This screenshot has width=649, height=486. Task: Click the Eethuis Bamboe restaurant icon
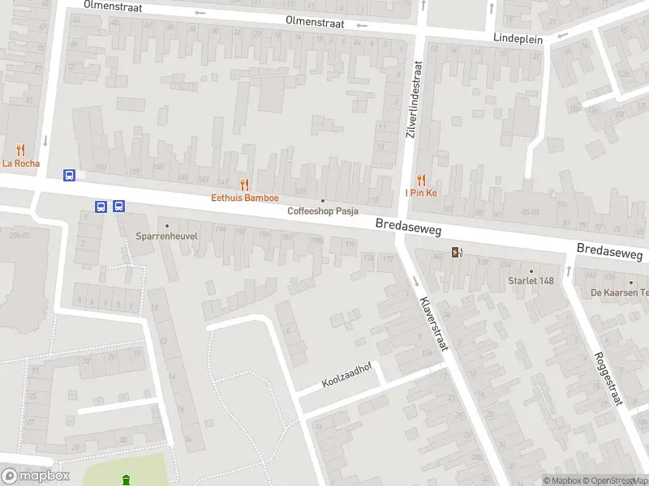point(245,185)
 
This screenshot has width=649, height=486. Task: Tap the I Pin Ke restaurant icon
point(421,180)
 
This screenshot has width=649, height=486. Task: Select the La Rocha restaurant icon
point(20,150)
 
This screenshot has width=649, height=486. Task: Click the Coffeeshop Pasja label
point(323,211)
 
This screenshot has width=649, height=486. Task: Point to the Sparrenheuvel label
point(168,237)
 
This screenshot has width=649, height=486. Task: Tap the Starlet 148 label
point(531,281)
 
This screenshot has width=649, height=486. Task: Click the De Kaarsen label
point(619,292)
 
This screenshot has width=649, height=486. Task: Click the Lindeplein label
point(518,37)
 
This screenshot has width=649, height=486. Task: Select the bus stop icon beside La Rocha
point(71,175)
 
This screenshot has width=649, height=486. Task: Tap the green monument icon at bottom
point(126,480)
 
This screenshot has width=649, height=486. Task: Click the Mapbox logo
point(36,476)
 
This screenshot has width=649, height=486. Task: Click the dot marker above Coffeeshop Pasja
point(323,201)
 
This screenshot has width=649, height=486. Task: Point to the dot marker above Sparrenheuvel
point(168,226)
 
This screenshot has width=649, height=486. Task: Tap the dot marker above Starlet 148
point(531,271)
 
